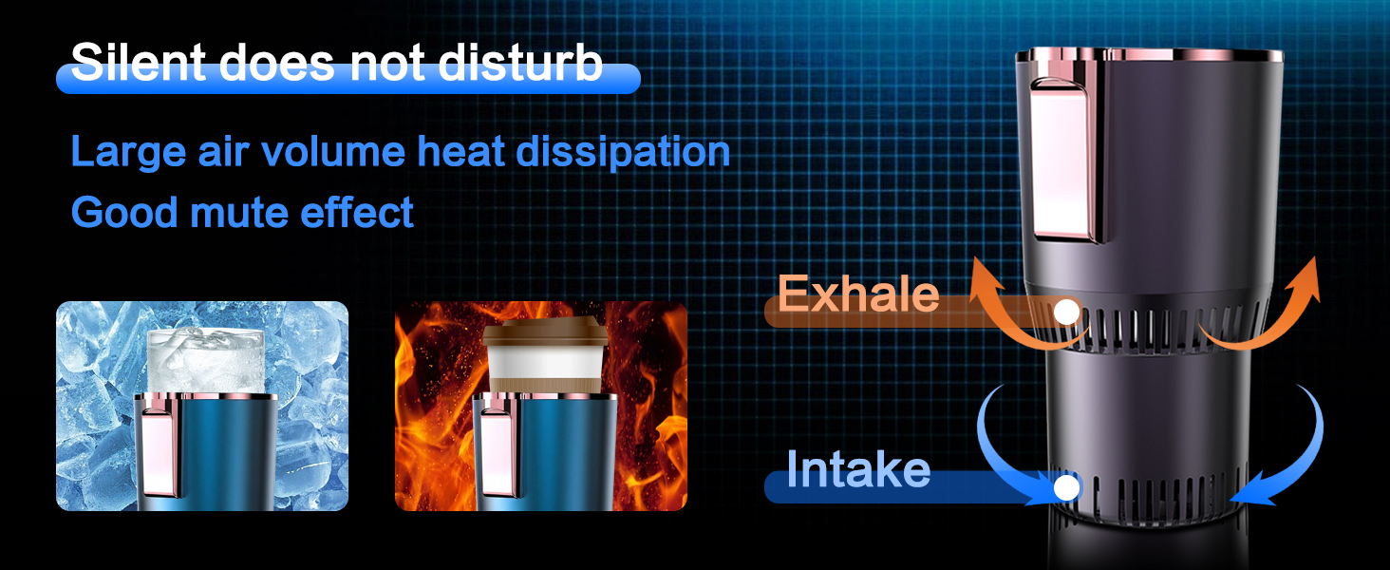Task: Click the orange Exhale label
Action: coord(858,295)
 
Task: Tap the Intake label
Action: coord(858,470)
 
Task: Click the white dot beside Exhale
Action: coord(1067,311)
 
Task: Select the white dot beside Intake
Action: coord(1067,488)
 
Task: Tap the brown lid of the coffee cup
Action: coord(544,333)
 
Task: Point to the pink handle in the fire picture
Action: coord(496,446)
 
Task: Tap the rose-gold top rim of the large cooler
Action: coord(1149,54)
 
